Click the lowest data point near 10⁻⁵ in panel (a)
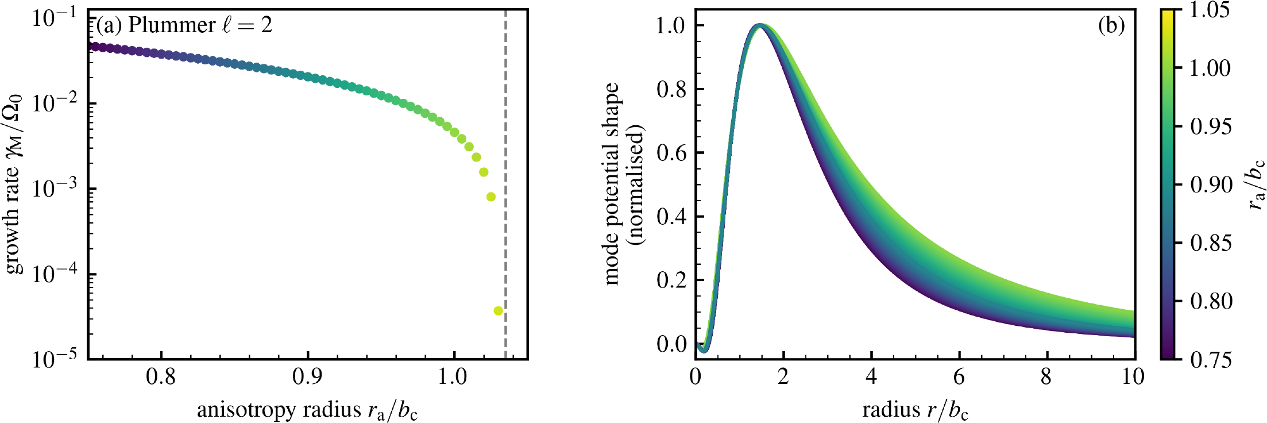498,311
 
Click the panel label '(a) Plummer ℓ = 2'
184,25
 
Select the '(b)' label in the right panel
1111,26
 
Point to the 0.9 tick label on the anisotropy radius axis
307,378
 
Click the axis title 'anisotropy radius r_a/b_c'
307,410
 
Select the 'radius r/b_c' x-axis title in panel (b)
916,410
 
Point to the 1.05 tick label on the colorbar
1210,10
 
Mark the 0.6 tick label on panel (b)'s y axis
671,153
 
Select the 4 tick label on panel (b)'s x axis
871,378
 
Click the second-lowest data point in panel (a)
491,197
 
